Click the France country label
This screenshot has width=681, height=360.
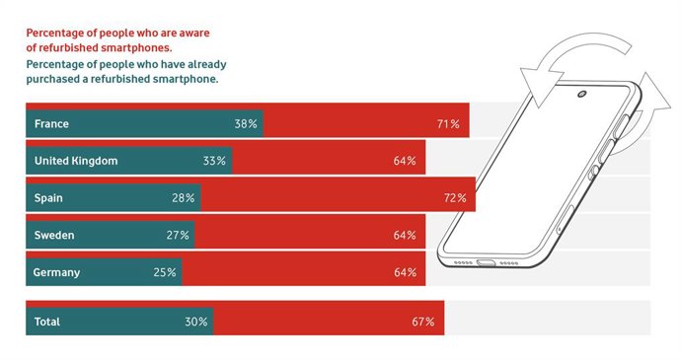[x=51, y=124]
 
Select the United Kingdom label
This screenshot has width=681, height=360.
[x=75, y=161]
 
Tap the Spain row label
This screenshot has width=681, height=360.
[x=49, y=197]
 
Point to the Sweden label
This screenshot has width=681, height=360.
[x=54, y=236]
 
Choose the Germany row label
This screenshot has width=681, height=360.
[x=57, y=272]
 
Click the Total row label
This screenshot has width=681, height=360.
[x=47, y=322]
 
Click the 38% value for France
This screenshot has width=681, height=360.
[x=246, y=124]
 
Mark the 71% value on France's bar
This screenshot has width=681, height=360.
[x=448, y=124]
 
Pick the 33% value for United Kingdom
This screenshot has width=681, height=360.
[x=214, y=161]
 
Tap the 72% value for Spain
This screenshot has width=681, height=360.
[x=454, y=197]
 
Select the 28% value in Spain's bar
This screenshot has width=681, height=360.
[x=184, y=197]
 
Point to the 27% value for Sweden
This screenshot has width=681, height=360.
[x=178, y=236]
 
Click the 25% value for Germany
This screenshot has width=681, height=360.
[x=165, y=272]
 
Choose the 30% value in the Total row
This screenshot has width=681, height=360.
[x=195, y=322]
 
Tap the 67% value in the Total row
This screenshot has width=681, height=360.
[x=423, y=322]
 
